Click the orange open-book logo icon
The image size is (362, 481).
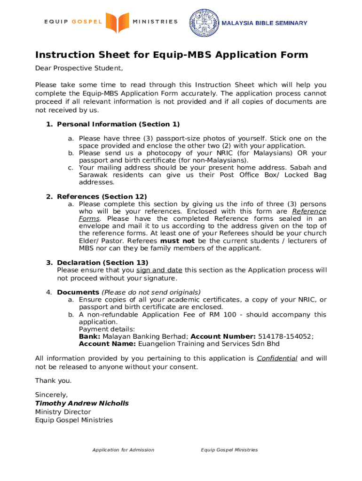pos(117,22)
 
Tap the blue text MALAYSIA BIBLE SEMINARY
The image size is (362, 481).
pos(264,23)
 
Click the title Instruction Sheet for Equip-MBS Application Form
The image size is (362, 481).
pos(172,55)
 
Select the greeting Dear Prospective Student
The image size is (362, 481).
pos(79,69)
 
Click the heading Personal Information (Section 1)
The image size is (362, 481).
pos(118,124)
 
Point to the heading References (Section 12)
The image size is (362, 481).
pos(102,197)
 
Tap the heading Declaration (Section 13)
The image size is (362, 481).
pos(102,263)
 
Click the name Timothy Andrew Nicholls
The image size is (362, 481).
pos(82,403)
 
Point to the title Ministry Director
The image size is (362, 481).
pos(63,412)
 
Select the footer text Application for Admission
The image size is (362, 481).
pos(123,450)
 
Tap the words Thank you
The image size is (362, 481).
pos(54,380)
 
